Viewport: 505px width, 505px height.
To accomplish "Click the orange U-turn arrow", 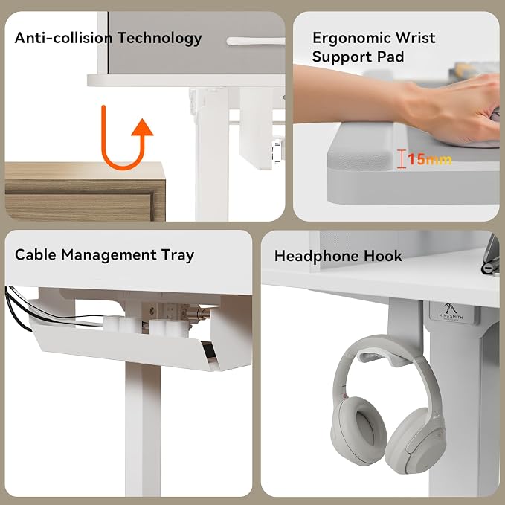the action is coord(123,167).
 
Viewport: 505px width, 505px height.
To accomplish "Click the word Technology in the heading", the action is coord(159,39).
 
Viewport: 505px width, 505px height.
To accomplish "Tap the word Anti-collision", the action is coord(64,38).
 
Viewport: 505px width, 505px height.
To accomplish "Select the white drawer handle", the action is coord(256,41).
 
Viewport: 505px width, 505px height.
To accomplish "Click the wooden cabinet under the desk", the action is coord(86,191).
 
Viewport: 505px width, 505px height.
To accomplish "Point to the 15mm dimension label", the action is coord(430,159).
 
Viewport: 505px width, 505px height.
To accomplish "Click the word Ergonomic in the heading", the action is coord(350,38).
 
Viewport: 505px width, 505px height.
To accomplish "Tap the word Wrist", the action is coord(415,38).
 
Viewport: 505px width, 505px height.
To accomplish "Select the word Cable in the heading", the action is coord(36,254).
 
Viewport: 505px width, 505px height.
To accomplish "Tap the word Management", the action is coord(109,255).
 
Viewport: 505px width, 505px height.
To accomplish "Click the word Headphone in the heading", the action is coord(317,256).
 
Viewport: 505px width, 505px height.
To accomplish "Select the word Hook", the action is coord(383,256).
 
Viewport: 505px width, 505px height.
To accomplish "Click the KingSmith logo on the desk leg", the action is coord(451,312).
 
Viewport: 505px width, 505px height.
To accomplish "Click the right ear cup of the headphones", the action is coord(416,441).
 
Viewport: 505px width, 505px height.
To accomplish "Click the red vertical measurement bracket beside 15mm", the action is coord(401,159).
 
